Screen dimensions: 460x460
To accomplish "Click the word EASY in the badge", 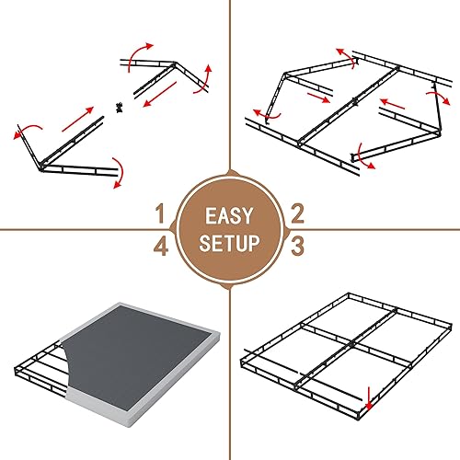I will [x=229, y=218].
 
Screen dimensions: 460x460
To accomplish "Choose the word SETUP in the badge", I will [x=229, y=244].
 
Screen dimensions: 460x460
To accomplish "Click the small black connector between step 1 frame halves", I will [x=119, y=108].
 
